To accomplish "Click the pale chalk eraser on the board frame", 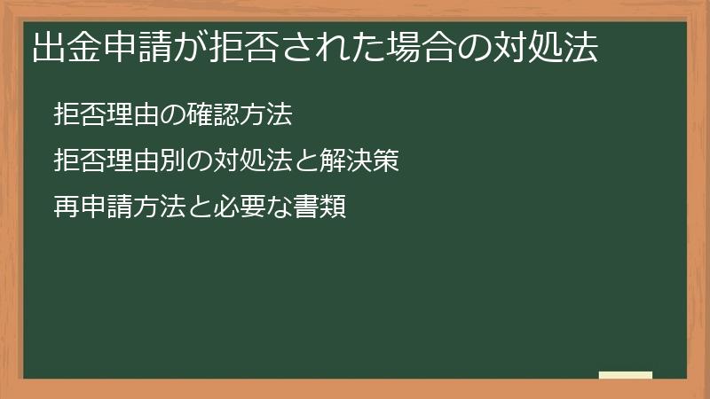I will click(626, 376).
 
